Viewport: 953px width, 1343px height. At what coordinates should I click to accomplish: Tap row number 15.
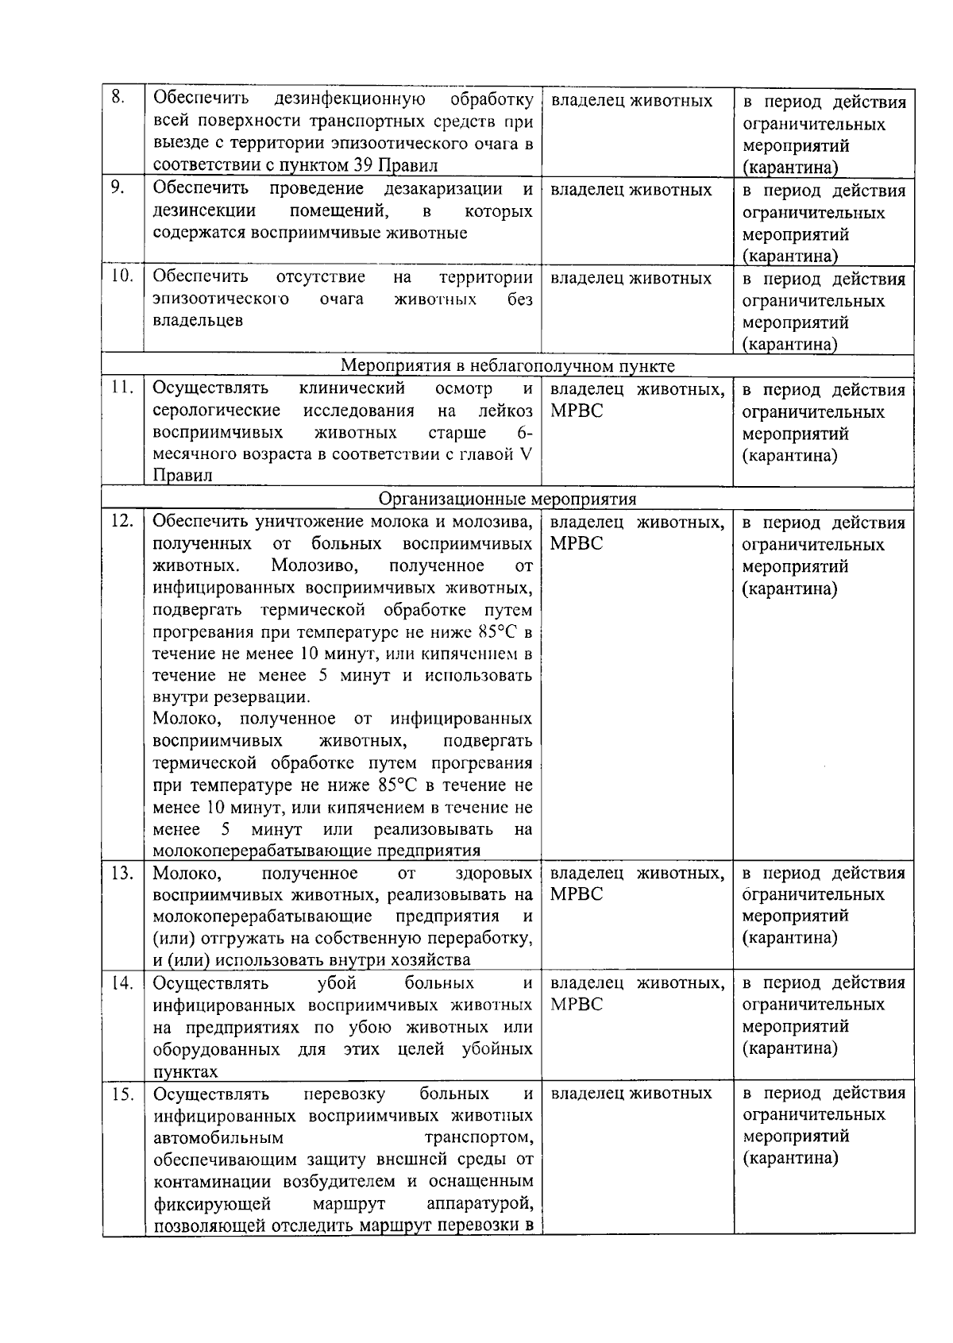point(122,1094)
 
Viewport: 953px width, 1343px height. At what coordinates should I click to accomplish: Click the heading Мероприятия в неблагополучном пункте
point(507,365)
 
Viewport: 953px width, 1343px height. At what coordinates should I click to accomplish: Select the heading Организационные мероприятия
point(507,499)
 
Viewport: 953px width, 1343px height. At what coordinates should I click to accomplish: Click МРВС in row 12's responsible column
point(577,544)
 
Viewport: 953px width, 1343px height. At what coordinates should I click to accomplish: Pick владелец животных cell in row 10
point(631,279)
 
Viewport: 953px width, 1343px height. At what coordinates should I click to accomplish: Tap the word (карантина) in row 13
point(789,938)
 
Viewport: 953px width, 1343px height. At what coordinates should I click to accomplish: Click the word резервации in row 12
point(264,697)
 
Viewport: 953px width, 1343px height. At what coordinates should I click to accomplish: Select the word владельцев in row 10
point(198,321)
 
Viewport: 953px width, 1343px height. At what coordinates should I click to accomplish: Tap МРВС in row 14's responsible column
point(577,1005)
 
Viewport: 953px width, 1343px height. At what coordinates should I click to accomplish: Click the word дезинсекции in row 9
point(204,211)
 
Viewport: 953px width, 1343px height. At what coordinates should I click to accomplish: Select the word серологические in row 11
point(216,411)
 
